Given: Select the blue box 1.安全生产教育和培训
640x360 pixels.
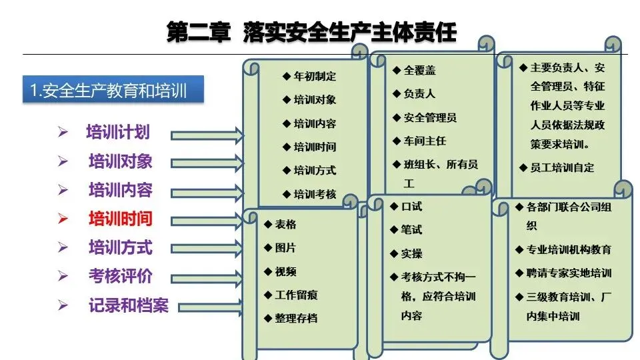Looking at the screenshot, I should [113, 91].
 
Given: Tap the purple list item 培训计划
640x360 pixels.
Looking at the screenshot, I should [118, 132].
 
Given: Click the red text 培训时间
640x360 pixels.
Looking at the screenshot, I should [121, 219].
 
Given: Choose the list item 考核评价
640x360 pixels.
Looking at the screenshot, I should [121, 276].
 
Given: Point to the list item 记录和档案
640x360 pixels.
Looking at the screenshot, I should [129, 306].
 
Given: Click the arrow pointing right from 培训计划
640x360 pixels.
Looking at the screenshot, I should [207, 135].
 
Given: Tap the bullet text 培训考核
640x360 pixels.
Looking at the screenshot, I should [315, 194].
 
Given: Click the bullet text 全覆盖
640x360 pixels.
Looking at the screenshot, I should [419, 71].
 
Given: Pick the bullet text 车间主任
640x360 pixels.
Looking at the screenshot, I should [425, 141].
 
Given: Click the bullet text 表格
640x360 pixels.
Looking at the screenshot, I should [285, 225].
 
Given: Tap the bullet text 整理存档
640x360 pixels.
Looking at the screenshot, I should [296, 318].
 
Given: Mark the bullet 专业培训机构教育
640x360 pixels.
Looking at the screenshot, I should [569, 249].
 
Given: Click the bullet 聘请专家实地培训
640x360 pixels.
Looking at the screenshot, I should [569, 273].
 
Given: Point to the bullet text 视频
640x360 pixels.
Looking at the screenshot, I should [285, 271].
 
